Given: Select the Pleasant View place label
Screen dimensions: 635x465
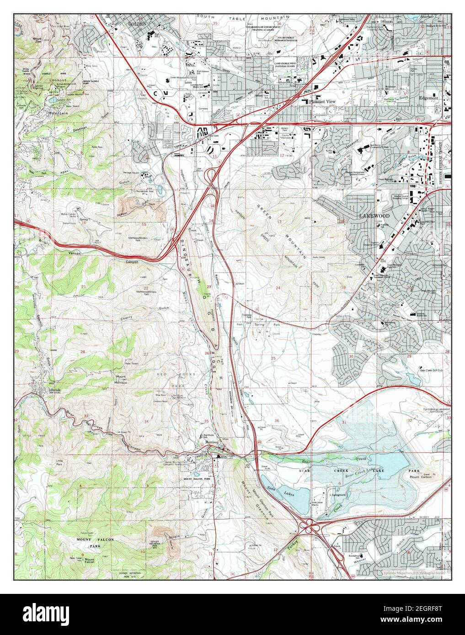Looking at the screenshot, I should [324, 102].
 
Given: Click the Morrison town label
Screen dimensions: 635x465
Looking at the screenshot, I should [210, 442].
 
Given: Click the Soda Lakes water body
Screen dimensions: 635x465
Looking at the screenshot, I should [293, 496].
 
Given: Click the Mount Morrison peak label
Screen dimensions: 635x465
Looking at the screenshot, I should [121, 379].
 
